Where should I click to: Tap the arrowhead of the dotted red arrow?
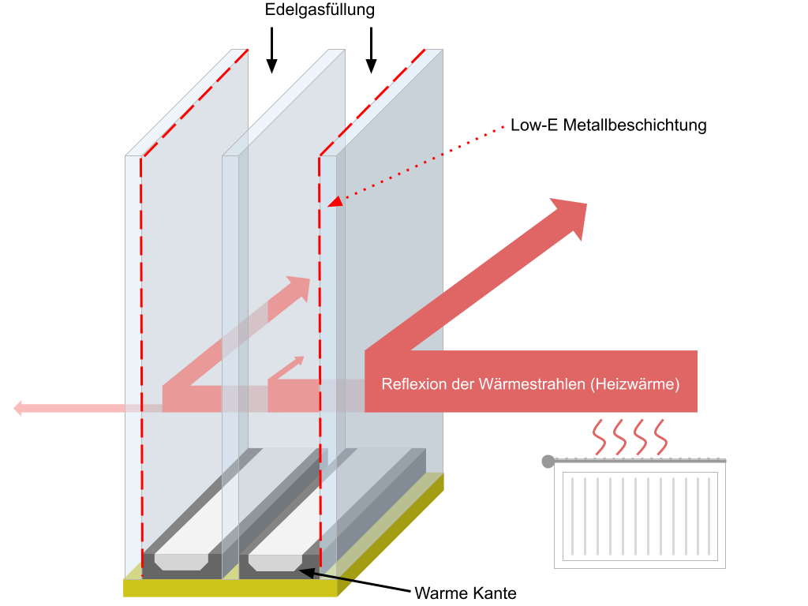click(x=335, y=202)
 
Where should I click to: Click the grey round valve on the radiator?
click(x=548, y=461)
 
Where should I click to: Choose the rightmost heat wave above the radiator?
click(x=660, y=437)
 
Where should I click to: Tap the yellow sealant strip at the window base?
click(x=229, y=588)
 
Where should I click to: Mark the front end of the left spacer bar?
click(x=181, y=562)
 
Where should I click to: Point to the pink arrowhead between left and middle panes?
click(x=299, y=286)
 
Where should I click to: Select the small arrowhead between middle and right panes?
click(x=297, y=362)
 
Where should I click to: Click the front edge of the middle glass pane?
click(x=230, y=355)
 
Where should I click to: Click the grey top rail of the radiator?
click(x=639, y=460)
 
